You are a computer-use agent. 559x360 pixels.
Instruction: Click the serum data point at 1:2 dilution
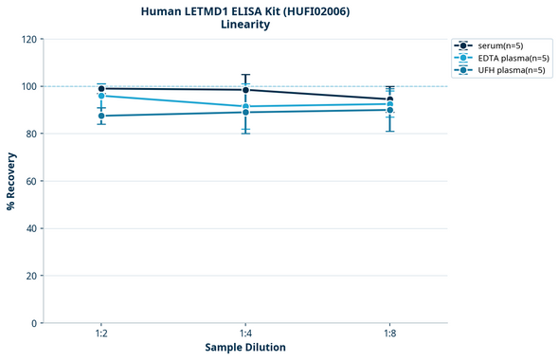(101, 88)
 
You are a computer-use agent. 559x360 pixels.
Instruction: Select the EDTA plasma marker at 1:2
(101, 96)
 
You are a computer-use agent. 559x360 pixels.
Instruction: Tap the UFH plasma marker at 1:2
(101, 116)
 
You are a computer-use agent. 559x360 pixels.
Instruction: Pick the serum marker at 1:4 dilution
(245, 90)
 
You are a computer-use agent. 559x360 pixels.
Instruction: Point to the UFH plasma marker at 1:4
(245, 112)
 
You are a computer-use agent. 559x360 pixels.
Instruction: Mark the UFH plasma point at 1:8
(389, 110)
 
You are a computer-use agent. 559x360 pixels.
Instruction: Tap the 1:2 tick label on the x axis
(101, 334)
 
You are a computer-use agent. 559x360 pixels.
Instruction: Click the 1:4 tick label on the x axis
(245, 334)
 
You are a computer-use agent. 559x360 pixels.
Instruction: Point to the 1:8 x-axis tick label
(389, 334)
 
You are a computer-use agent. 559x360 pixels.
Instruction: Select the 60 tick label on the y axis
(31, 181)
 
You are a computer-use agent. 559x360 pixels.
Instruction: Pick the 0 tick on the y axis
(34, 323)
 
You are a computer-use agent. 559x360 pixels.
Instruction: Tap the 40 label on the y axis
(31, 228)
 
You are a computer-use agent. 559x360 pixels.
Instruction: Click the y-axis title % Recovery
(11, 180)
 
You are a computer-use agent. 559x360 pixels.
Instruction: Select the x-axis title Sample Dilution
(245, 348)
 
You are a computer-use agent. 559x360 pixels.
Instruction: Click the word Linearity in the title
(245, 25)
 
